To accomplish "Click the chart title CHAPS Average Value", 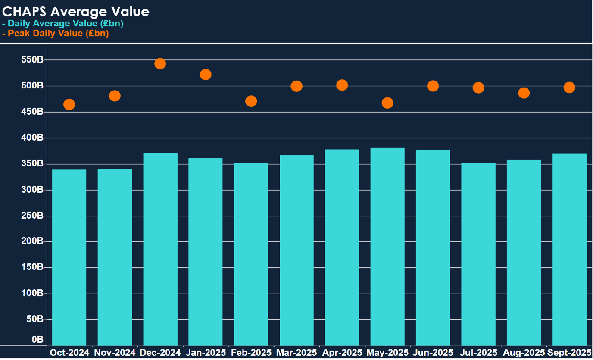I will (x=76, y=12).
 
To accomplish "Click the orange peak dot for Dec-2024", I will (x=160, y=64).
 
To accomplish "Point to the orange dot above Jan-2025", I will (x=206, y=75).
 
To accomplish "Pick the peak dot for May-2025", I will (x=387, y=103).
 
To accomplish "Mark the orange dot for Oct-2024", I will (x=69, y=104).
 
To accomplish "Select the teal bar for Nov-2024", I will (x=115, y=257).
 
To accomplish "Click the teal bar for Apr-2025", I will (x=342, y=247).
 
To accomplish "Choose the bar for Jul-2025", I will (x=478, y=254).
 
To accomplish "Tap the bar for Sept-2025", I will (x=569, y=249).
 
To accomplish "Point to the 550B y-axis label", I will (x=32, y=60).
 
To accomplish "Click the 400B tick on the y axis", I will (x=32, y=138).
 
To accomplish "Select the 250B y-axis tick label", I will (x=32, y=216).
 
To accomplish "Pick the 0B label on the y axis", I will (x=37, y=340).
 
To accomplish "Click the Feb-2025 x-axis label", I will (x=251, y=353).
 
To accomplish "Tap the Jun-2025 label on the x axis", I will (x=433, y=353).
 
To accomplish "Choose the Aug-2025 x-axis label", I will (x=523, y=353).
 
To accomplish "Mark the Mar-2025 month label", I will (x=296, y=353).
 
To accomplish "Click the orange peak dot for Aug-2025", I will (x=524, y=93).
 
